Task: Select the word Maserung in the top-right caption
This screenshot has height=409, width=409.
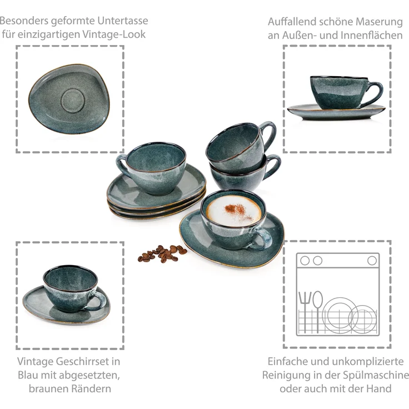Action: (x=379, y=22)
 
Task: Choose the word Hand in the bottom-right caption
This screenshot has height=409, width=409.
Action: (x=379, y=388)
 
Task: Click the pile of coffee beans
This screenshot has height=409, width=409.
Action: (x=162, y=253)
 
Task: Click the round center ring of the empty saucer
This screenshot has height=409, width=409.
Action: (x=72, y=101)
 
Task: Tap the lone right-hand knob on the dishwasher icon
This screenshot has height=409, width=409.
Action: (x=372, y=260)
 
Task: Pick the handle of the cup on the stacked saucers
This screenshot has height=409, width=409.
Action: (x=122, y=164)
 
